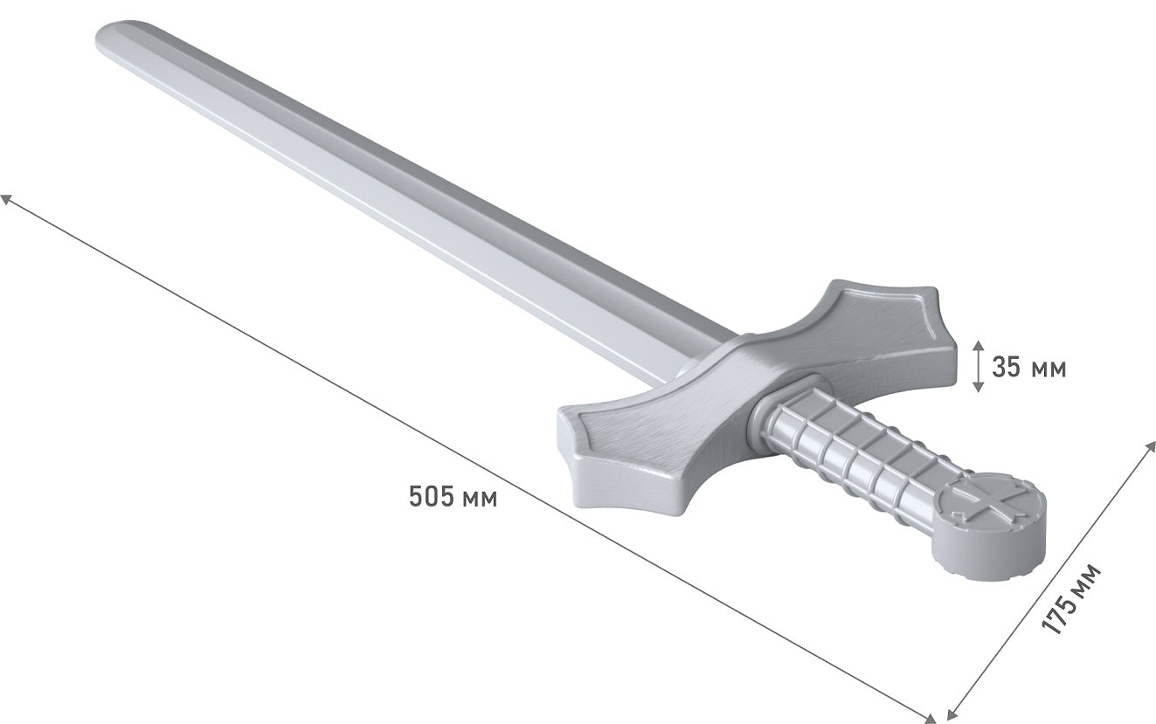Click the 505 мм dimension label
click(x=453, y=497)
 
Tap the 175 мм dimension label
click(x=1071, y=599)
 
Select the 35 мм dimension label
click(x=1028, y=368)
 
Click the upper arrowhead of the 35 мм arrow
click(x=978, y=345)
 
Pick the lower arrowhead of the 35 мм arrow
click(x=978, y=387)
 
